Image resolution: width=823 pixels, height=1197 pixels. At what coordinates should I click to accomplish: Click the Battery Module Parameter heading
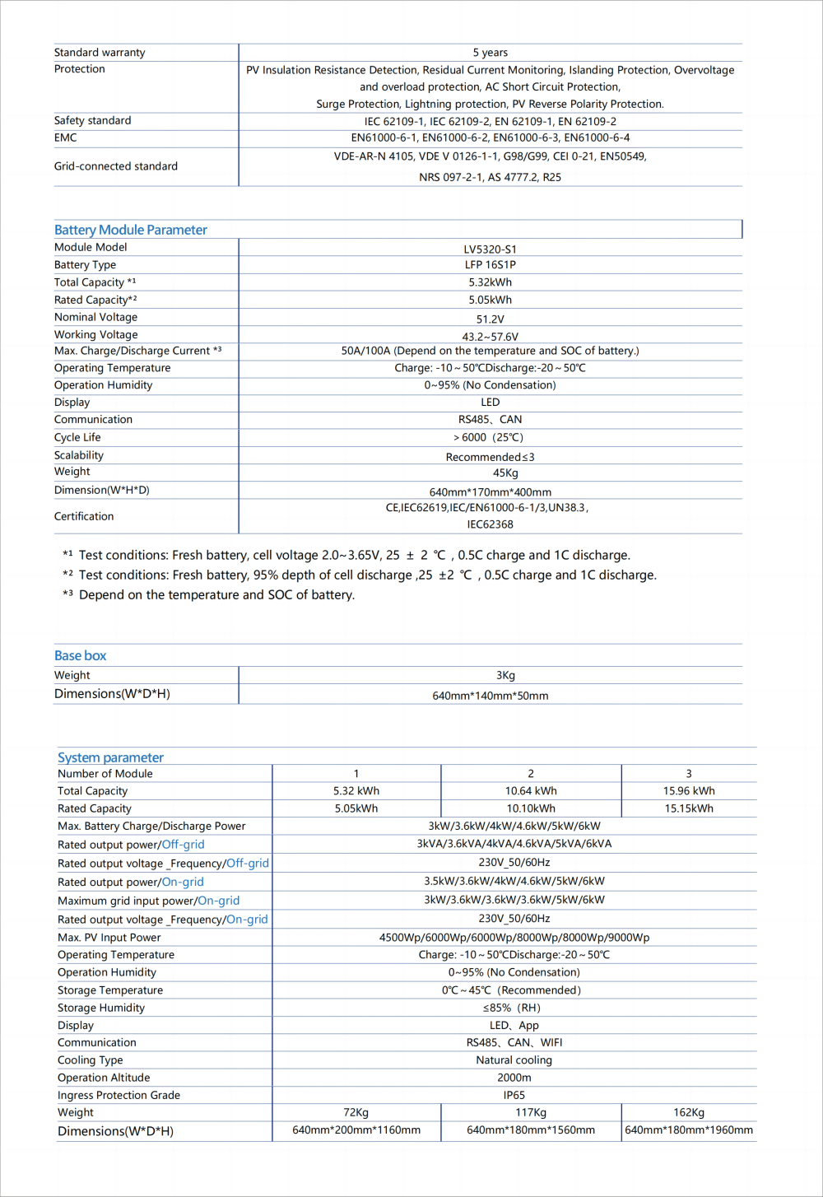pos(130,230)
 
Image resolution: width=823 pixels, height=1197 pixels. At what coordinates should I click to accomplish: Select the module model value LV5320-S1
pos(490,249)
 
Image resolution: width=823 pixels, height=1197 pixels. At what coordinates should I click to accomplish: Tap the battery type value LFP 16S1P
pos(490,265)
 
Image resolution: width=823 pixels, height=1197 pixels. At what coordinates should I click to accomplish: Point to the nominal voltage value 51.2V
pos(490,319)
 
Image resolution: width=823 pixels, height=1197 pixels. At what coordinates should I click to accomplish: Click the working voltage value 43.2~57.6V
pos(490,337)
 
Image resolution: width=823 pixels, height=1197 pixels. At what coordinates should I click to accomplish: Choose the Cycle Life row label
pos(77,437)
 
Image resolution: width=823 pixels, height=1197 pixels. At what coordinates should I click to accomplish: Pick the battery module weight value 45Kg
pos(505,473)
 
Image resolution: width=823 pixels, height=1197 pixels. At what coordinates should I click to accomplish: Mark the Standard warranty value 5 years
pos(490,53)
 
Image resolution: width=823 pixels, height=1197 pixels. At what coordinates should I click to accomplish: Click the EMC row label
pos(65,137)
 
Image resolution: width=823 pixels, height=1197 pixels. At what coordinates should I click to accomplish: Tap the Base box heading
pos(80,655)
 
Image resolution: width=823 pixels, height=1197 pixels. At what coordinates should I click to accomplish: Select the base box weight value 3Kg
pos(505,675)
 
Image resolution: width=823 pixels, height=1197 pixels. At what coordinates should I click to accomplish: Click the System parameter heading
pos(110,757)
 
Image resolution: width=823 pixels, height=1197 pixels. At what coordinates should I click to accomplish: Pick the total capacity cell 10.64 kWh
pos(531,791)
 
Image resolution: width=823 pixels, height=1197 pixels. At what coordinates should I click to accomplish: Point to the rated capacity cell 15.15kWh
pos(689,808)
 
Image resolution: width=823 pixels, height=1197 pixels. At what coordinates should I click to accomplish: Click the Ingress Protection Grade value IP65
pos(514,1095)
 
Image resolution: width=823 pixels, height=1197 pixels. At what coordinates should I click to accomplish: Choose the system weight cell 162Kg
pos(689,1112)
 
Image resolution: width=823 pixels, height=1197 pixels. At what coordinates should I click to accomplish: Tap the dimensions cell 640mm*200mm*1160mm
pos(356,1130)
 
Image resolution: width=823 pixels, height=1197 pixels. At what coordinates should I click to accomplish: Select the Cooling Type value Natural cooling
pos(514,1060)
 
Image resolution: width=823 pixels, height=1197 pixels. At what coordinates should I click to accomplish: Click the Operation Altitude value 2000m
pos(514,1078)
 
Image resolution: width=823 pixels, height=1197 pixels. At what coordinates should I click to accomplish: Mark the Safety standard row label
pos(92,120)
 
